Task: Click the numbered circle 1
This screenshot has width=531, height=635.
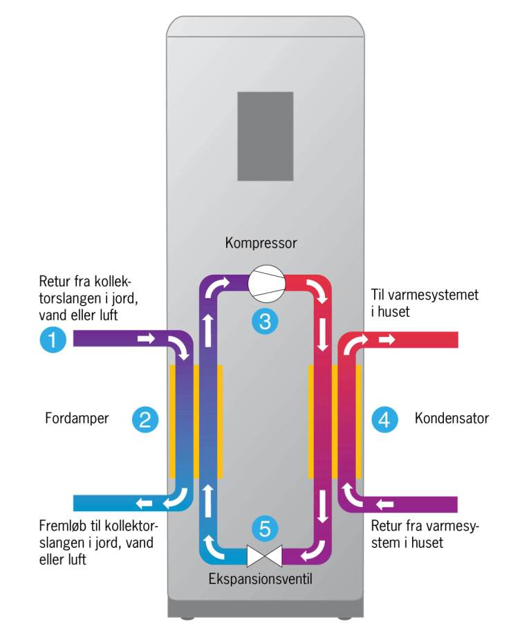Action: click(53, 340)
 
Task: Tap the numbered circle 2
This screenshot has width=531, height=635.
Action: click(144, 418)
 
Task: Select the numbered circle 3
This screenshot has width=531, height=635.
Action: click(265, 320)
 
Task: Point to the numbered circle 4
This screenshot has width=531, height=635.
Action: click(384, 418)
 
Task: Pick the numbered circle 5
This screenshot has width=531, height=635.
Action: click(265, 528)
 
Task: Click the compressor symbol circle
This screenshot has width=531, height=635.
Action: click(265, 284)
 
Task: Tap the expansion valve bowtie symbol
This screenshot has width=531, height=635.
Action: click(265, 555)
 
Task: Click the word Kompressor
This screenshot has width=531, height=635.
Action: click(261, 243)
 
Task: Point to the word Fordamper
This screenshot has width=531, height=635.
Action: click(77, 418)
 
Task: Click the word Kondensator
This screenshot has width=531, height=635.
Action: click(451, 418)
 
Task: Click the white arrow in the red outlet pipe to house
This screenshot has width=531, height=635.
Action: click(386, 340)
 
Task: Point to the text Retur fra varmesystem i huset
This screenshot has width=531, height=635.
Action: click(425, 534)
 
